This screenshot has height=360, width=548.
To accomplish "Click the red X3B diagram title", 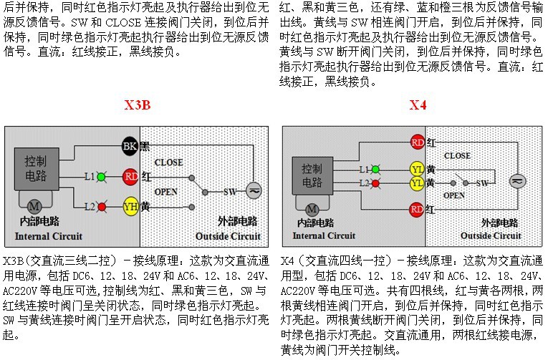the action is (x=138, y=105).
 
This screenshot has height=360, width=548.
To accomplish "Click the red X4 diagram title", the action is (x=418, y=105).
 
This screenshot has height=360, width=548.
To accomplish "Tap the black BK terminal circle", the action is (x=130, y=145).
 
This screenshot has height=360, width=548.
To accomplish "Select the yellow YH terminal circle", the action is (x=130, y=207).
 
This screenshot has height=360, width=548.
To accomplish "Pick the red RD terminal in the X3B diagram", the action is (x=130, y=177).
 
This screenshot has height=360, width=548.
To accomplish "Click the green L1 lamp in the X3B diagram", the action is (x=101, y=177).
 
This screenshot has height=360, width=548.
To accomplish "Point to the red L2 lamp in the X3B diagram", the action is (x=102, y=207).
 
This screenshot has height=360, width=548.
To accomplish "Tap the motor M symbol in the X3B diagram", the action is (x=34, y=206).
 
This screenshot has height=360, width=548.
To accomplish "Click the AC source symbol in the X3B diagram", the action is (x=254, y=190).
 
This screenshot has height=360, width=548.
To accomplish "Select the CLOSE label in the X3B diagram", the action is (x=168, y=162).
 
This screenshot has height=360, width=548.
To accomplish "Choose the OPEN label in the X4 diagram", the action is (x=454, y=195).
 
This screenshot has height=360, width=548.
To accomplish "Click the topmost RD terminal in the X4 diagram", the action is (x=418, y=142).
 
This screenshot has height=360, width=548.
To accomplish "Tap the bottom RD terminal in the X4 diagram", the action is (x=417, y=210).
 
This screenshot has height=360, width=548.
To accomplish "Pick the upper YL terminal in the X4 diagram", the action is (x=417, y=170).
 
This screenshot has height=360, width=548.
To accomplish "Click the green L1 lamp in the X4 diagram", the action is (x=375, y=170).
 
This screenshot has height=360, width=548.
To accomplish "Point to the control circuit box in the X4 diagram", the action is (x=312, y=175).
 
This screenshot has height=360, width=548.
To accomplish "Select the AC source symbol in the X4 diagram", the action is (x=517, y=181).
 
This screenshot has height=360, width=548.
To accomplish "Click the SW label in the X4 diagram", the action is (x=482, y=183).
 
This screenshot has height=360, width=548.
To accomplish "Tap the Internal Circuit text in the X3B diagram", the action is (x=49, y=236).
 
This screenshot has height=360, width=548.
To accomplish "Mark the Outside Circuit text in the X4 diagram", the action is (x=491, y=236).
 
